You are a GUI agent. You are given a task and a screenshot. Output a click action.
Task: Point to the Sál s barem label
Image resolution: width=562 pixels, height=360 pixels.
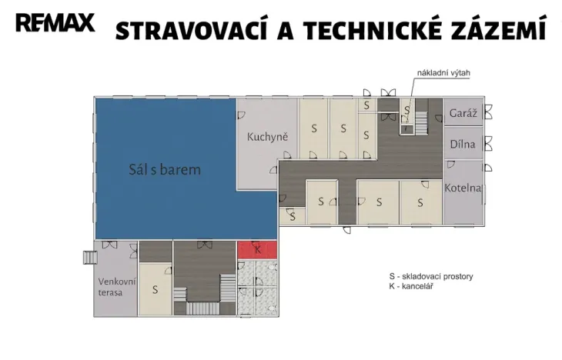click(x=165, y=169)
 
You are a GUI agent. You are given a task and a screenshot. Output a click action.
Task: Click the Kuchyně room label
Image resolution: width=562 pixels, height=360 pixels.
click(x=267, y=138)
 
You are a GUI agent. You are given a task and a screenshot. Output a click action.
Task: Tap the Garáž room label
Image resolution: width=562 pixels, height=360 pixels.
click(x=463, y=113)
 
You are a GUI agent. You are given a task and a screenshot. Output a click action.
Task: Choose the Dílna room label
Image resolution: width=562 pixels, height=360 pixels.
click(x=463, y=144)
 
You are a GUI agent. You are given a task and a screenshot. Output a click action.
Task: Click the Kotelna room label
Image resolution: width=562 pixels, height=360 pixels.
click(x=463, y=188)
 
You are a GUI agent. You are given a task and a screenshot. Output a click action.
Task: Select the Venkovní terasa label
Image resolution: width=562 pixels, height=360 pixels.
click(x=115, y=285)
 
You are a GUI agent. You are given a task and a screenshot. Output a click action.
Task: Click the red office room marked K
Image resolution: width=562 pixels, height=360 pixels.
click(x=258, y=250)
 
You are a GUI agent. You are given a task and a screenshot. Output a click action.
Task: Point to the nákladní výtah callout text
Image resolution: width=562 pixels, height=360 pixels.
click(x=443, y=73)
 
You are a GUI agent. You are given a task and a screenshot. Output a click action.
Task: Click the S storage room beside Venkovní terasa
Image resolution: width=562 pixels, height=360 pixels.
click(x=155, y=290)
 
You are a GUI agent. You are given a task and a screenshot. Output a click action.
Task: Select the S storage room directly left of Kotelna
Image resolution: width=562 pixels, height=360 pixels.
click(x=420, y=203)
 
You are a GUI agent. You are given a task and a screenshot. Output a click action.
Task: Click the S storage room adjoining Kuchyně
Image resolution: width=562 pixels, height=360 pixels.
click(x=313, y=128)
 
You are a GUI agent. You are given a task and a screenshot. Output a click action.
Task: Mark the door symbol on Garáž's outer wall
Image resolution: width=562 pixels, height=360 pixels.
click(x=487, y=112)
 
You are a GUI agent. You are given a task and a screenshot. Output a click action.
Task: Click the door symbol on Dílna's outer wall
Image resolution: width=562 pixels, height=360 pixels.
click(x=487, y=144)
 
